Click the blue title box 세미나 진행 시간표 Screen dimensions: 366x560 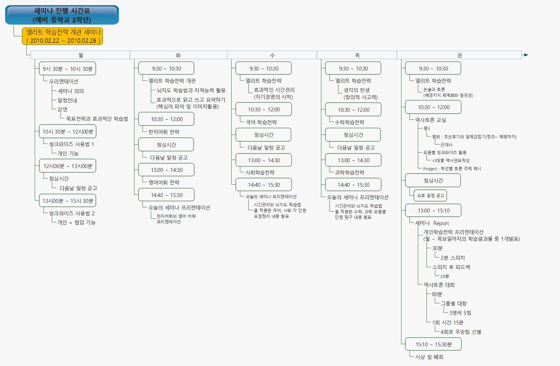[62, 15]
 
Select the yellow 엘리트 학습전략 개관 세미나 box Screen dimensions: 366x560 [62, 36]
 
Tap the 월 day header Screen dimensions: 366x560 [80, 55]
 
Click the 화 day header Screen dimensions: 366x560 [178, 55]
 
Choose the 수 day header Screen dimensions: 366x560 [272, 55]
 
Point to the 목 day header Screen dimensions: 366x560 [357, 55]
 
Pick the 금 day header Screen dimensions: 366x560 [459, 55]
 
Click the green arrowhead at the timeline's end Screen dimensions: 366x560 [526, 55]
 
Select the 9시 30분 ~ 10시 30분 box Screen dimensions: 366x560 [68, 69]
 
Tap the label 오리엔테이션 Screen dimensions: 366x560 [64, 81]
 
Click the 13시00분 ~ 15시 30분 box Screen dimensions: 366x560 [68, 201]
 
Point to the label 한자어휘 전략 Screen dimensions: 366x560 [164, 132]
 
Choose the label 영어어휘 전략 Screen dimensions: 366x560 [164, 183]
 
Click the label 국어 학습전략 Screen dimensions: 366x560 [261, 122]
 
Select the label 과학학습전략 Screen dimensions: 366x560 [349, 173]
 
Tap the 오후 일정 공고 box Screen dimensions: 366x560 [430, 195]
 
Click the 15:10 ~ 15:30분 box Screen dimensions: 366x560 [433, 344]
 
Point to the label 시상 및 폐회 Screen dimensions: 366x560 [429, 357]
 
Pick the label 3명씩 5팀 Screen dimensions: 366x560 [460, 313]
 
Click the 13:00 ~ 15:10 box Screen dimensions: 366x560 [433, 211]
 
